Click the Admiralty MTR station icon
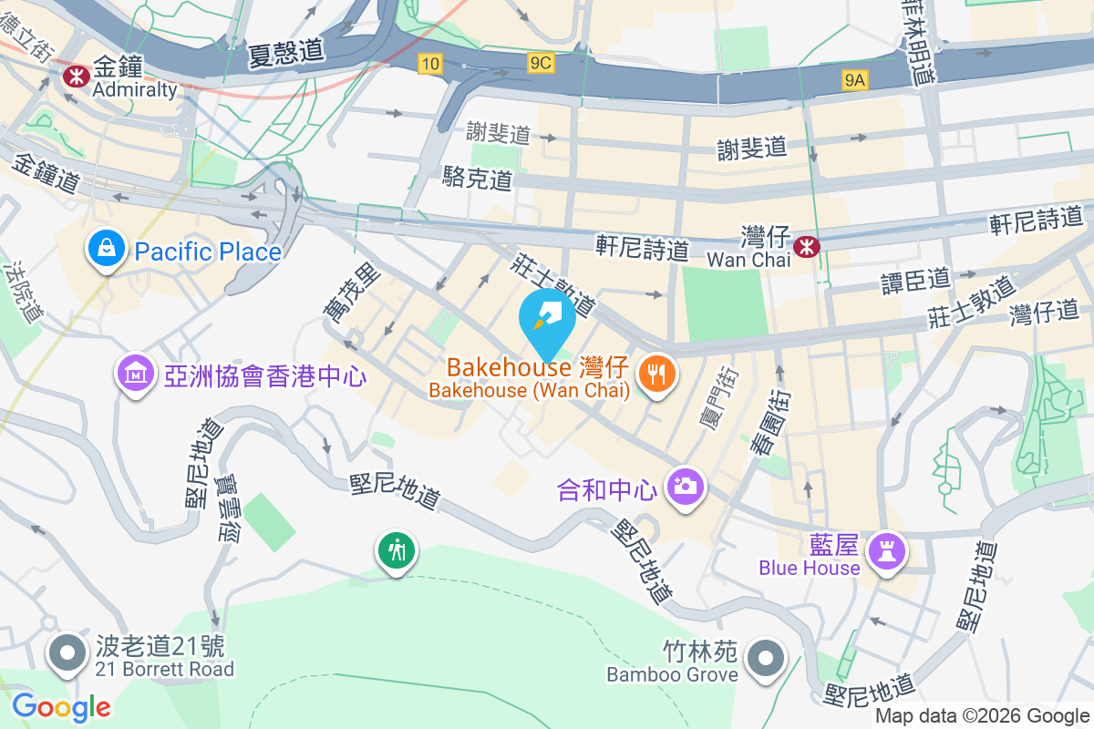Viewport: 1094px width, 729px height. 73,75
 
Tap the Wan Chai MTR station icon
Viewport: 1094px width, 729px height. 806,246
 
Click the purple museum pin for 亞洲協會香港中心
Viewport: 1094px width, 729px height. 135,373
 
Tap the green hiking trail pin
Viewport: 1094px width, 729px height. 397,549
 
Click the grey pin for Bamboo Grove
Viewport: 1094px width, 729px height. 764,658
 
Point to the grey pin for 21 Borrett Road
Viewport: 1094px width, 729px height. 67,653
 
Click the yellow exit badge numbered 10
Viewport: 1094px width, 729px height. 430,63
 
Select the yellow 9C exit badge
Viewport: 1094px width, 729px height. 540,62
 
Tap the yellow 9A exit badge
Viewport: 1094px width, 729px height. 854,81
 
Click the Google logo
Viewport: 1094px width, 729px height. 61,706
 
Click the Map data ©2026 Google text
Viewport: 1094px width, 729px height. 982,716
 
